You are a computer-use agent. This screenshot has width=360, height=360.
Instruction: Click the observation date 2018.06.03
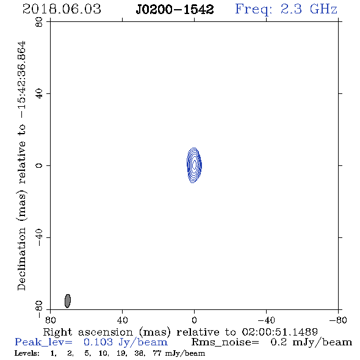click(62, 9)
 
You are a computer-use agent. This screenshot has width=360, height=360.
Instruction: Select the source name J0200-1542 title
click(175, 10)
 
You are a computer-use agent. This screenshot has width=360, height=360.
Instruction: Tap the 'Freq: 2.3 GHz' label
click(286, 10)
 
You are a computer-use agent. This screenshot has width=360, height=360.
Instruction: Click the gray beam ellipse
click(68, 301)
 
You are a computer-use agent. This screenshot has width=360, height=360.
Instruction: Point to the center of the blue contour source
click(194, 165)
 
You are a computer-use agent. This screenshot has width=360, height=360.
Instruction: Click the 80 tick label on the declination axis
click(39, 22)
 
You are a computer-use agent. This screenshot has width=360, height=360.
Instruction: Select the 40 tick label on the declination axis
click(39, 94)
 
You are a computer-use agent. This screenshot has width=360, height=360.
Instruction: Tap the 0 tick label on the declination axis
click(39, 165)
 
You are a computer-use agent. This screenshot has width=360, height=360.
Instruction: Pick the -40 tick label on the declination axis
click(39, 237)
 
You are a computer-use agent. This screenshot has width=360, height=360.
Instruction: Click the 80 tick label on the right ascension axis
click(50, 320)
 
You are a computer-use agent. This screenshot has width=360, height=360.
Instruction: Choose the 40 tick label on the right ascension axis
click(122, 320)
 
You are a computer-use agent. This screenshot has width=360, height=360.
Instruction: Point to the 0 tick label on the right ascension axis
click(194, 320)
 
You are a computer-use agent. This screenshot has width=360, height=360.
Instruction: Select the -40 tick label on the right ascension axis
click(266, 320)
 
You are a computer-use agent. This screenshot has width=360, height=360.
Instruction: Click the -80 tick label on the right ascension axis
click(338, 320)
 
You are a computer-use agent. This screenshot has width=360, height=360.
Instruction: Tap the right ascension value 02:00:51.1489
click(279, 332)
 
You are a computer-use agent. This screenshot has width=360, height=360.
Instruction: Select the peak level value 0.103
click(98, 342)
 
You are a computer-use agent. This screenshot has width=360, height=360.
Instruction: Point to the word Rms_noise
click(225, 342)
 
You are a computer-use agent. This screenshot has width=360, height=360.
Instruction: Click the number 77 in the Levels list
click(157, 353)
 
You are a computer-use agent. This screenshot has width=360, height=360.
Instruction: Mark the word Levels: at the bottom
click(27, 353)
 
